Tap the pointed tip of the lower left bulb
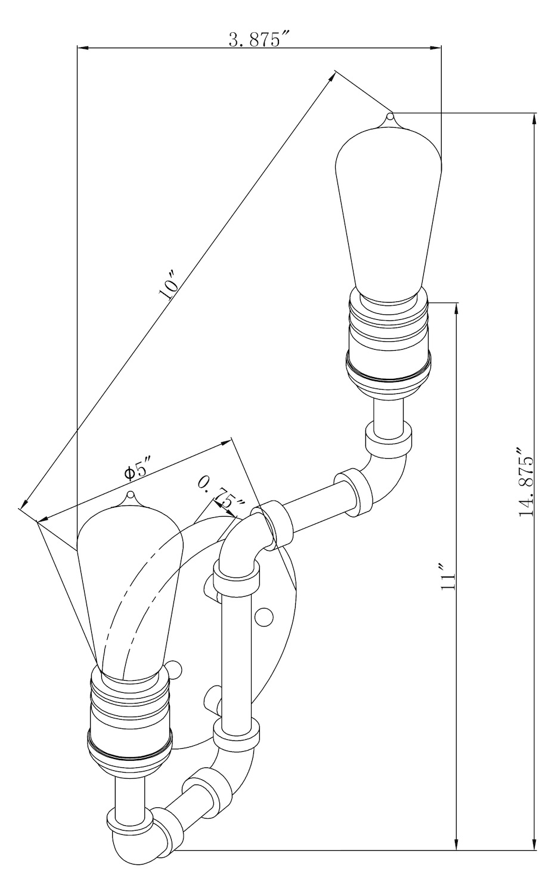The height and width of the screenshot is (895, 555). point(130,494)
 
